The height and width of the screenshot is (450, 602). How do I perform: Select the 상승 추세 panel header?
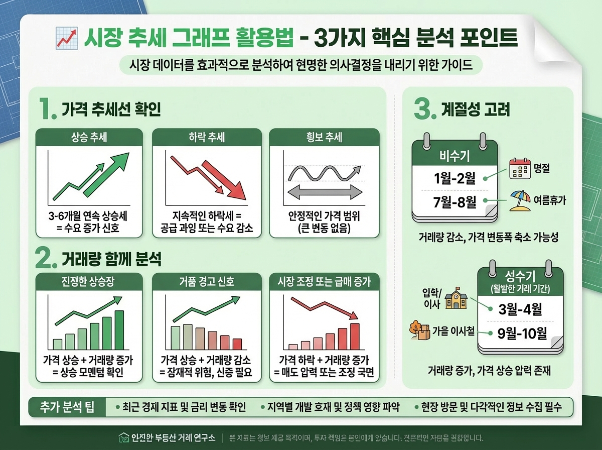(89, 137)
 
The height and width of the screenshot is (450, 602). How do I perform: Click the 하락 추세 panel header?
(207, 137)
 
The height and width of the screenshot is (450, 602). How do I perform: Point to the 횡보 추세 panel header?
(324, 137)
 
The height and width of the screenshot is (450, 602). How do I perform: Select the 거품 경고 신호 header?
(207, 282)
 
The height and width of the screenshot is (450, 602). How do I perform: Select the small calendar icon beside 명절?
(519, 169)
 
